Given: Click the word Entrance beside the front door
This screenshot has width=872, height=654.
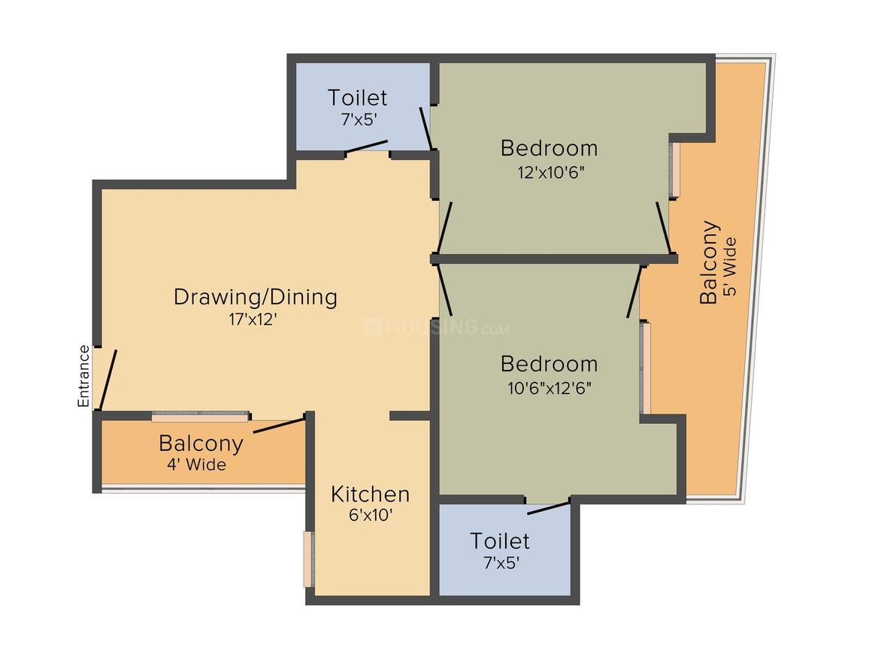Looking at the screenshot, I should [x=83, y=376].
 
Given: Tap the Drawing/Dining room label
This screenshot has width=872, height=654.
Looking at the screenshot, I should [x=255, y=297].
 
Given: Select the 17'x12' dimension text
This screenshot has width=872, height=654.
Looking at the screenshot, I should [x=253, y=319].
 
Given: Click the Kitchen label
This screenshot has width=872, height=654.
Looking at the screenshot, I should [x=371, y=494].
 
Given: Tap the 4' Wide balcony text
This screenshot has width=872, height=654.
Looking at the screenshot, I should [x=196, y=465].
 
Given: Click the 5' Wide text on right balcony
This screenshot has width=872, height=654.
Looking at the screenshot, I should [x=729, y=268].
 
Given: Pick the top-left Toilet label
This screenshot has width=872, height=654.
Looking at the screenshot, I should [x=357, y=98].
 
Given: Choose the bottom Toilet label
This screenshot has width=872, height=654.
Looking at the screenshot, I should [x=500, y=540].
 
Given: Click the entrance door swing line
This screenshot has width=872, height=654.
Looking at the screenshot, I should [x=108, y=379].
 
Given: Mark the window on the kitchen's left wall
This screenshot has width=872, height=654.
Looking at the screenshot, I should [x=307, y=559].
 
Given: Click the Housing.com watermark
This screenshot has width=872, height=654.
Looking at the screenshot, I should [x=436, y=328].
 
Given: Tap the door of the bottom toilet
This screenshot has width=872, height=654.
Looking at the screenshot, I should [x=548, y=508].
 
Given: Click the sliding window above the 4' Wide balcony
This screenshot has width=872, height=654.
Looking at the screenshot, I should [x=200, y=416].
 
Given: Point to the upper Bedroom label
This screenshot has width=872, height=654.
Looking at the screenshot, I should [x=549, y=147].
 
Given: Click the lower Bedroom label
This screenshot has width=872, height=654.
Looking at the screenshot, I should [x=549, y=364].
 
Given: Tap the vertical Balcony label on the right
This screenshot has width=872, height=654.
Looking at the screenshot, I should [x=709, y=262].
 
